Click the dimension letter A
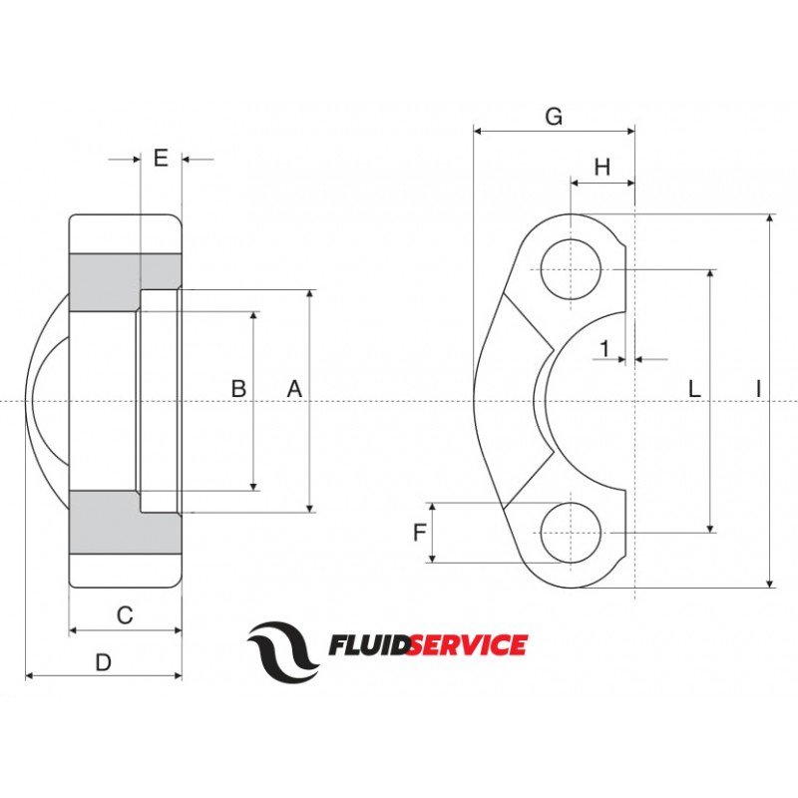(x=294, y=389)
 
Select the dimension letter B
(x=238, y=389)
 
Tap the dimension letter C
(x=125, y=615)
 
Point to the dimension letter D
(x=103, y=661)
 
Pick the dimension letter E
(x=161, y=157)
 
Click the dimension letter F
(x=419, y=533)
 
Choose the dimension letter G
(x=554, y=116)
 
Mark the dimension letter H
(x=601, y=168)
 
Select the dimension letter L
(x=695, y=389)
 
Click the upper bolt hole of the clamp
(x=572, y=269)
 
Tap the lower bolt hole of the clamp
(x=572, y=532)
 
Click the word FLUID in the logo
(x=366, y=645)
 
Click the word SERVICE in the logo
(x=465, y=645)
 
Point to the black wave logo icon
(x=284, y=648)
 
